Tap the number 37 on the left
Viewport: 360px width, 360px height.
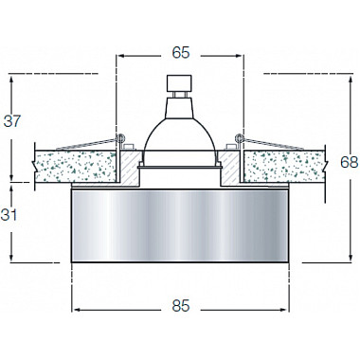[13, 120]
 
